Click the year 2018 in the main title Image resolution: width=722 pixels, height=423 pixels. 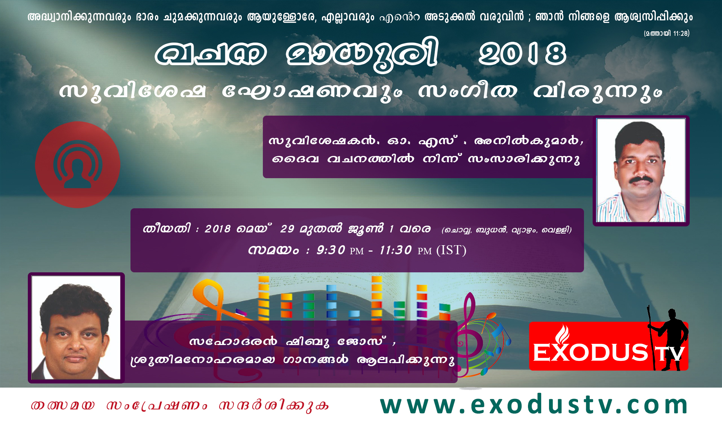point(522,53)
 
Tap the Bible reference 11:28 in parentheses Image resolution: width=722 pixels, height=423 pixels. point(667,34)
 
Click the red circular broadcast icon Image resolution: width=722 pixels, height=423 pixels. point(78,165)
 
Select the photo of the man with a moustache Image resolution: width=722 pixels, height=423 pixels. point(641,171)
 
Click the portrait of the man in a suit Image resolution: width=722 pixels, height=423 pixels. point(76,328)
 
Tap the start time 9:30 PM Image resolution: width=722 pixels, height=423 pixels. point(340,250)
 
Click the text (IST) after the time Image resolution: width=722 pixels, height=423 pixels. point(451,250)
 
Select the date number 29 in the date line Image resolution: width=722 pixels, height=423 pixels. point(287,229)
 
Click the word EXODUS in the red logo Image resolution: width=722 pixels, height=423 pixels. point(590,353)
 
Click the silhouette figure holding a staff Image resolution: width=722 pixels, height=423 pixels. point(667,338)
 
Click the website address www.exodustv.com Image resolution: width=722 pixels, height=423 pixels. point(534,405)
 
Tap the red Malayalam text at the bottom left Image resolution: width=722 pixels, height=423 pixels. point(180,405)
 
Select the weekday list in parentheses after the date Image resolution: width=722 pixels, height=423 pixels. point(507,230)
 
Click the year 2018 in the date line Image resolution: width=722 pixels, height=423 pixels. point(217,229)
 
